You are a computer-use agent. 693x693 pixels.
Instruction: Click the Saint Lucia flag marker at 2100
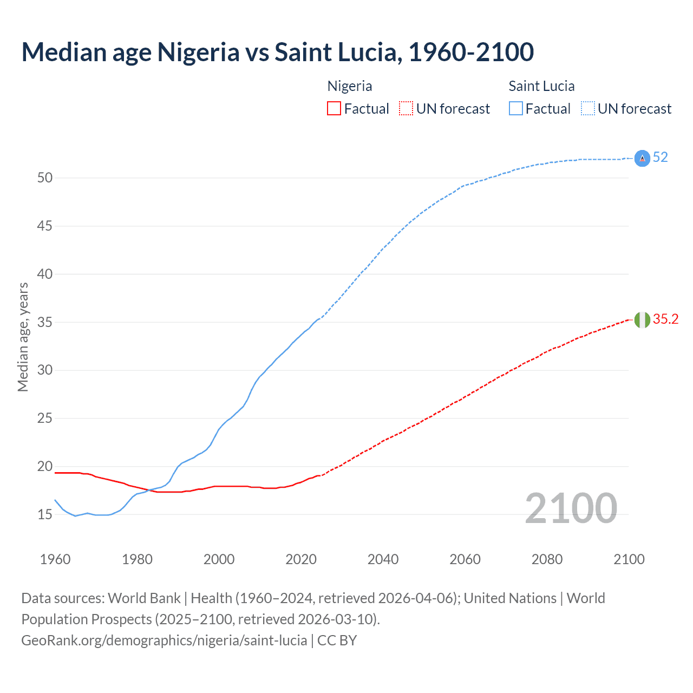642,158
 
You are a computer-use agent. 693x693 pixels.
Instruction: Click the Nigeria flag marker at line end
642,320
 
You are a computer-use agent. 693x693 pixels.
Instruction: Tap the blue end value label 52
660,158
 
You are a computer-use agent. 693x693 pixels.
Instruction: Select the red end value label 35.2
665,319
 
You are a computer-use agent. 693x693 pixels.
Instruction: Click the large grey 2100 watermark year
571,508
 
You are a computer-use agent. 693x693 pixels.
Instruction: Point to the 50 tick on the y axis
45,178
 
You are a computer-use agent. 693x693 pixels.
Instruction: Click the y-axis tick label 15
45,514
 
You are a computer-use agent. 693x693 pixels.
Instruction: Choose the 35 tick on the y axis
45,322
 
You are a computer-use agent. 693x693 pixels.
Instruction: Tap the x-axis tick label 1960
55,559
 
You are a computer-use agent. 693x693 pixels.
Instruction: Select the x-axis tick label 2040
383,559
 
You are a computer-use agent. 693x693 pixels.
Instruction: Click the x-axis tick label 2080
547,559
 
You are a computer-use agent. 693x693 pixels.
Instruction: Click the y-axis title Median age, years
23,337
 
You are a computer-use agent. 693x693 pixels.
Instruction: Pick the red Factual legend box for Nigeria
334,109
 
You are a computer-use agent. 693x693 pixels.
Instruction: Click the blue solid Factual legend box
516,109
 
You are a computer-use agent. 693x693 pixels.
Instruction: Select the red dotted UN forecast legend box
406,109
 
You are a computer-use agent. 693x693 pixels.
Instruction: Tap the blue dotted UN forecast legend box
588,109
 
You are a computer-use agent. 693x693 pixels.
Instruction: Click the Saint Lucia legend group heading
541,86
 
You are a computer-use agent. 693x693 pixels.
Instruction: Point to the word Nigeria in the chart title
198,52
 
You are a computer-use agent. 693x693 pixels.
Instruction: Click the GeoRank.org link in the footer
164,640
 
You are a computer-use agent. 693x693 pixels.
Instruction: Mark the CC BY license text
337,640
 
